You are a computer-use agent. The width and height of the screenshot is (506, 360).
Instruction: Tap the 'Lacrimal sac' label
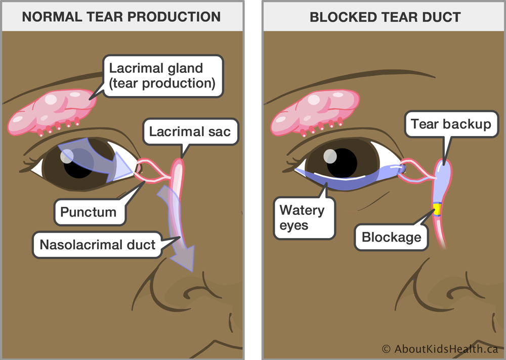pos(190,132)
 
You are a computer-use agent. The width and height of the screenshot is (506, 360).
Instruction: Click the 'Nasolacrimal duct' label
pos(98,245)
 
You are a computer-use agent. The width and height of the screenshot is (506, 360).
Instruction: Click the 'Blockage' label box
pos(391,236)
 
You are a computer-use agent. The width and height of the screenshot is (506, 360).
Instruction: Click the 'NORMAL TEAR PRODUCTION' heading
pos(121,17)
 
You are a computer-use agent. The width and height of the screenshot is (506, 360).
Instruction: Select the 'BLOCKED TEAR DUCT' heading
pos(385,17)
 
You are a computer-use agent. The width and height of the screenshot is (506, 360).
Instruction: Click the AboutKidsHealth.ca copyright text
pos(439,349)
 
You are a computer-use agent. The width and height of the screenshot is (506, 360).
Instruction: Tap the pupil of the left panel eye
pos(77,164)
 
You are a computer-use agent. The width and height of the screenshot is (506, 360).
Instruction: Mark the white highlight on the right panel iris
pos(330,154)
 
